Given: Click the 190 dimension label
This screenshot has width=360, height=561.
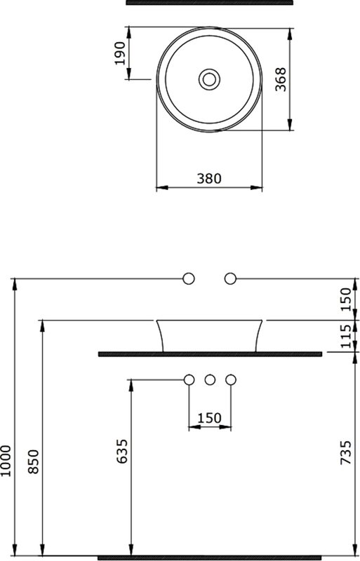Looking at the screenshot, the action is tap(121, 53).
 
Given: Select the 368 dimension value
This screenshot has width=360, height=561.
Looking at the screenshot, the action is tap(281, 79).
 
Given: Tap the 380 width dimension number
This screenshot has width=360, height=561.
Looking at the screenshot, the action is tap(209, 178).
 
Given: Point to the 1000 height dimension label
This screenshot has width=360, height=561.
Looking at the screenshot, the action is tap(6, 461).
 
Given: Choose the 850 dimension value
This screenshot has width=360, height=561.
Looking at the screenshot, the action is tap(33, 461).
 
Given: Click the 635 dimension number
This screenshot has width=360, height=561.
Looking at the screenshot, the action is tap(122, 452).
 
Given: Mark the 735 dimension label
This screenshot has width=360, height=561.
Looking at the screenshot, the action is tap(346, 452).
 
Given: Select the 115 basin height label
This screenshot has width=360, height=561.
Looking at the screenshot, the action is tap(346, 337).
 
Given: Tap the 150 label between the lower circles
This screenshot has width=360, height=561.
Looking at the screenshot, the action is tap(210, 417).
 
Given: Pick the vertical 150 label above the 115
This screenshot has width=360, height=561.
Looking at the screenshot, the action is tap(346, 299).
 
